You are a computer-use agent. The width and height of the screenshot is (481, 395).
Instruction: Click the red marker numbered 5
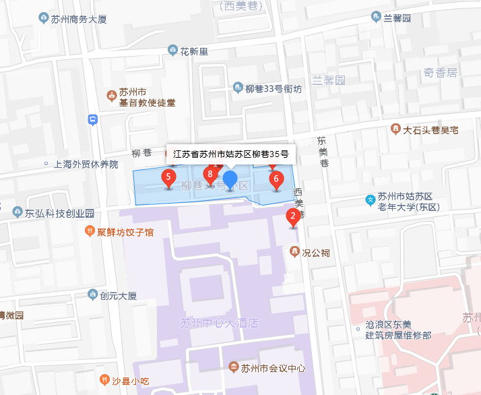(x=168, y=178)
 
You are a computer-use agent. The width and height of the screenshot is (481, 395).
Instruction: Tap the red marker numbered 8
(x=210, y=175)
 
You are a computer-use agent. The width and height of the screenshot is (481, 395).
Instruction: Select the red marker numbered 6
(x=275, y=179)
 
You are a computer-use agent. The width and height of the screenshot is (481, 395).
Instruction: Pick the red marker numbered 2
(x=292, y=216)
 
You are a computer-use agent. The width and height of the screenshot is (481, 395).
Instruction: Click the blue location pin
(x=230, y=180)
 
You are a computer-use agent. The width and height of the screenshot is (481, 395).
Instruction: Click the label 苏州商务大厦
(x=79, y=19)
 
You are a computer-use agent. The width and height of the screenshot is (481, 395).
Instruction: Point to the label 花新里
(x=194, y=51)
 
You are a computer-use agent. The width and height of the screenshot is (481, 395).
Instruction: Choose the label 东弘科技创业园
(x=59, y=213)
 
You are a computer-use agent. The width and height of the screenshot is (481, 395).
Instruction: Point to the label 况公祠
(x=315, y=253)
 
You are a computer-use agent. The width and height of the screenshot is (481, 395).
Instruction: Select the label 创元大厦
(x=118, y=295)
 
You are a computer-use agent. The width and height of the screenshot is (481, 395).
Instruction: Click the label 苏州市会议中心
(x=273, y=368)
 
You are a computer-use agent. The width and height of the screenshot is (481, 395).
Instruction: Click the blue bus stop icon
(x=92, y=120)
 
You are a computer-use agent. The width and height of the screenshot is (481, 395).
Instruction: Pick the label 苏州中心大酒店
(x=219, y=323)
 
